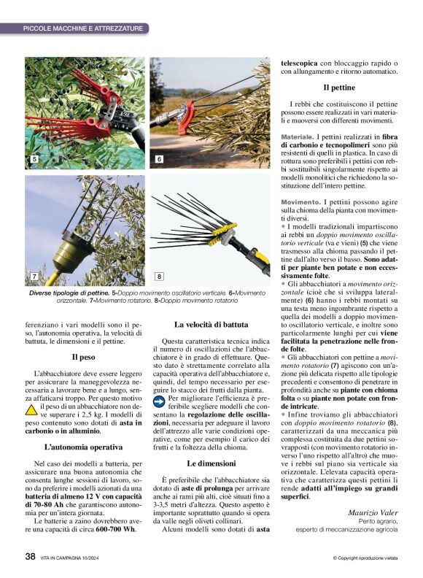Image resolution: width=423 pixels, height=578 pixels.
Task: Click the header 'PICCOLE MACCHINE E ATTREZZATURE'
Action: pos(82,28)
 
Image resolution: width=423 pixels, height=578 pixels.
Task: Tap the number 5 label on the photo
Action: pos(33,158)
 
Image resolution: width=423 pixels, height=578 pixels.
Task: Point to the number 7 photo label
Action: pos(34,277)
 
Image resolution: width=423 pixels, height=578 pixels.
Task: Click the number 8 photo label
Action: pos(159,277)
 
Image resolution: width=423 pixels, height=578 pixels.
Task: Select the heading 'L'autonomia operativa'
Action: pos(83,446)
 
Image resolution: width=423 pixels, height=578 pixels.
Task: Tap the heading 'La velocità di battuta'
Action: pos(211,324)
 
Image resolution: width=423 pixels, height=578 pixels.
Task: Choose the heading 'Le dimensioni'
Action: pos(211,463)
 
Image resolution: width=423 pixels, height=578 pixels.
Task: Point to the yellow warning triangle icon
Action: pos(31,409)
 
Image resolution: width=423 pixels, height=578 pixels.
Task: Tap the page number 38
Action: pos(30,556)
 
